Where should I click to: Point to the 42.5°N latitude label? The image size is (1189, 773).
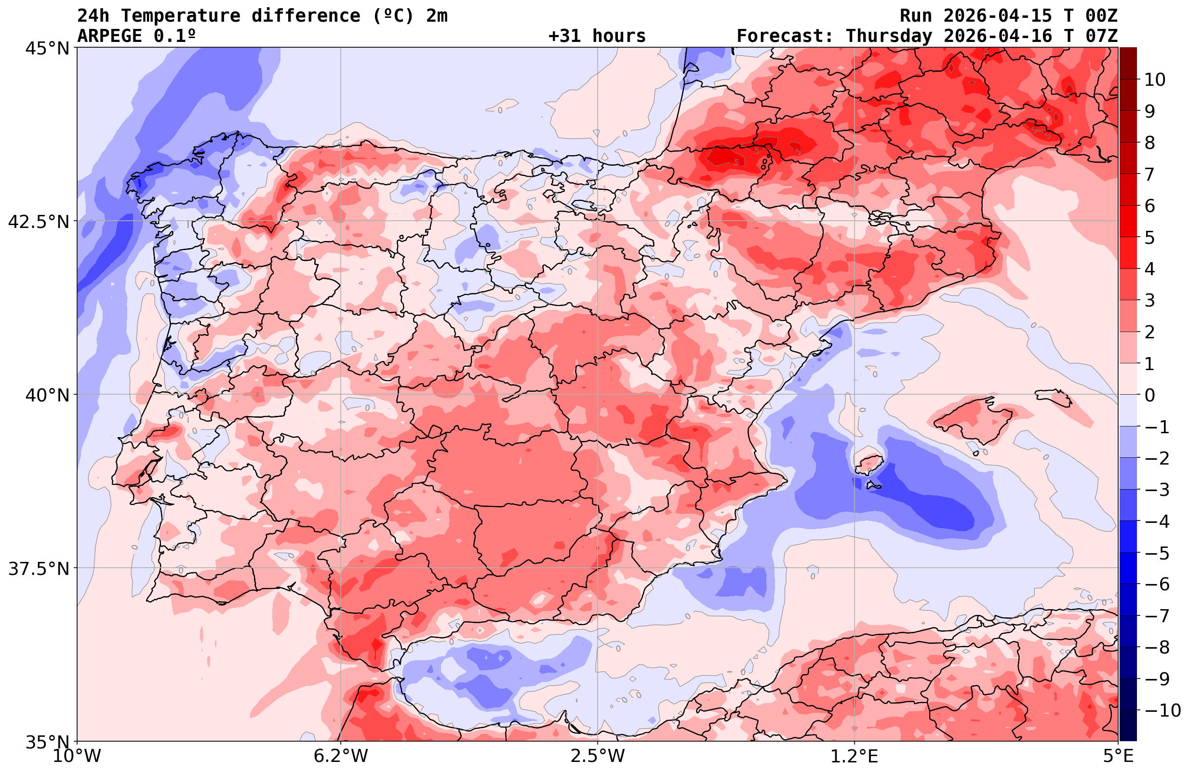point(39,221)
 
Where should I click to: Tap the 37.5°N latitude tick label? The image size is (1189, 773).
point(39,569)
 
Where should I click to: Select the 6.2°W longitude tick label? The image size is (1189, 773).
point(341,756)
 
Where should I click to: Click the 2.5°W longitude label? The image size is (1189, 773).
point(598,756)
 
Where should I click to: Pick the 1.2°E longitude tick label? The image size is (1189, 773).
point(855,756)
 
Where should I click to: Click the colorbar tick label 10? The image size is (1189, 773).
point(1155,80)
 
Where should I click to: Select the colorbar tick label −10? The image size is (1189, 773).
point(1162,710)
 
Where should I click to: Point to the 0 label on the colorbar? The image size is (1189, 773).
point(1149,395)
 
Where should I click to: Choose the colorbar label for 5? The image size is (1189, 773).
point(1149,238)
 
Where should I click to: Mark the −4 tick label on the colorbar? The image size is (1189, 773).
point(1156,521)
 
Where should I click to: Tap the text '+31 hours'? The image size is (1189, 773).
point(597,36)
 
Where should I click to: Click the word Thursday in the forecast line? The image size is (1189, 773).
point(889,36)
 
